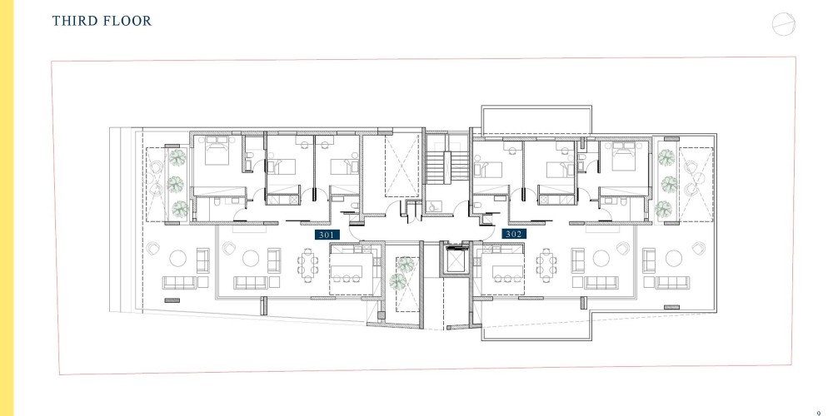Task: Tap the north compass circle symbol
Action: pyautogui.click(x=784, y=24)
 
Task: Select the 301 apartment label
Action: pyautogui.click(x=327, y=234)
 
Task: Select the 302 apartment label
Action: pyautogui.click(x=514, y=234)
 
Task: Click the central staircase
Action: pyautogui.click(x=446, y=167)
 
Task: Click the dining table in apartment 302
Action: pyautogui.click(x=546, y=265)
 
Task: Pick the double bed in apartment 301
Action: pyautogui.click(x=217, y=150)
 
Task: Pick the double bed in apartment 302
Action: pyautogui.click(x=623, y=156)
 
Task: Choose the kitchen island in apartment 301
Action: pyautogui.click(x=347, y=271)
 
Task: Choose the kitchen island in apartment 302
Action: pyautogui.click(x=508, y=271)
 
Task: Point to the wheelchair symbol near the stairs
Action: pyautogui.click(x=433, y=206)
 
